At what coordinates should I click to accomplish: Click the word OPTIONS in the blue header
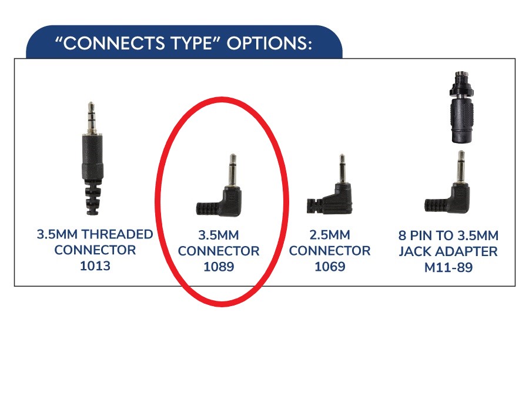(x=269, y=43)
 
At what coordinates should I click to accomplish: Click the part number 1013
(x=95, y=266)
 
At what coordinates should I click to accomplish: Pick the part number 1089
(x=219, y=267)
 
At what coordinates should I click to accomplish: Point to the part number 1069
(x=330, y=266)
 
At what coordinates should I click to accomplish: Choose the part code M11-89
(x=448, y=267)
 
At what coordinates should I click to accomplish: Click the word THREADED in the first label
(x=118, y=234)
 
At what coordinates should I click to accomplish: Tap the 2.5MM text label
(x=330, y=234)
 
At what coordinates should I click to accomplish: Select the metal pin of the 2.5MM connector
(x=342, y=168)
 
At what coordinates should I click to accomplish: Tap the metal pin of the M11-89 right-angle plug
(x=461, y=166)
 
